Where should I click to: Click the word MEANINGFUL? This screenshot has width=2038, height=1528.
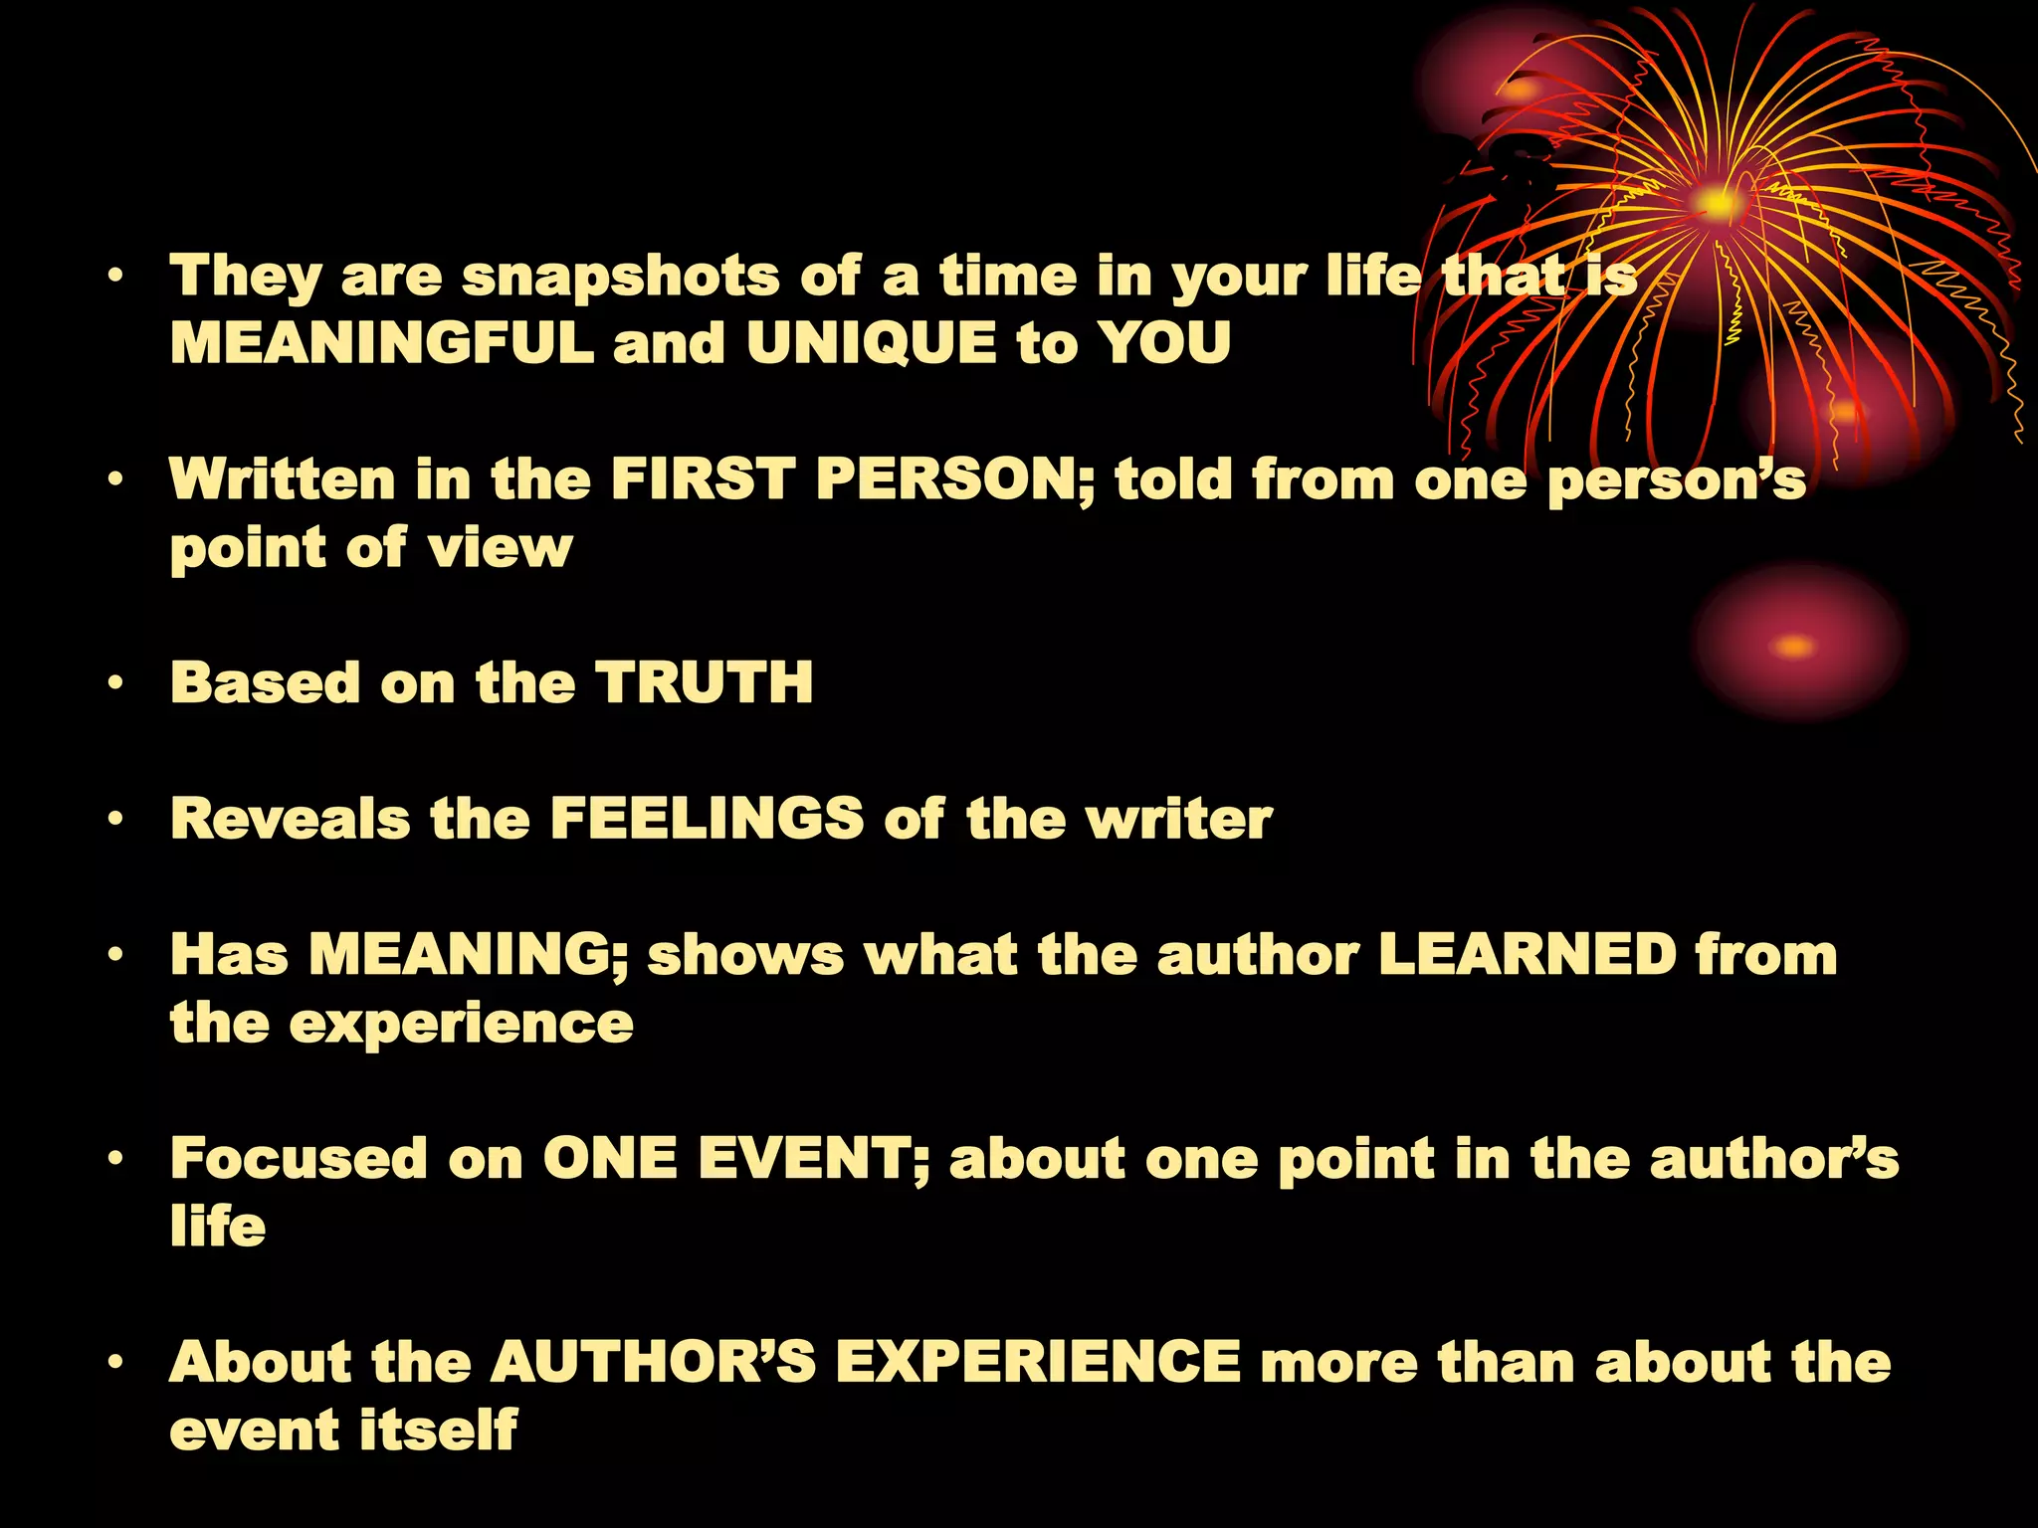pyautogui.click(x=381, y=344)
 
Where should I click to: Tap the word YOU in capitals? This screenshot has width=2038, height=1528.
pyautogui.click(x=1164, y=344)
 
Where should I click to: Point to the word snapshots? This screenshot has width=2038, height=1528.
pyautogui.click(x=621, y=278)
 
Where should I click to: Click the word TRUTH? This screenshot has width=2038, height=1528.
pyautogui.click(x=704, y=683)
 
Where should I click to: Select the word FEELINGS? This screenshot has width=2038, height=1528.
pyautogui.click(x=707, y=820)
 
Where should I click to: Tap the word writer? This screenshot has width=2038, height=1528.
pyautogui.click(x=1178, y=820)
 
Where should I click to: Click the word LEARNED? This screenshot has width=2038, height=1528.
pyautogui.click(x=1528, y=955)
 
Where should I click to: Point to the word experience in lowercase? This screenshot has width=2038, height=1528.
pyautogui.click(x=461, y=1025)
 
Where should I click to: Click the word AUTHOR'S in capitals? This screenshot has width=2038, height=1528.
pyautogui.click(x=654, y=1362)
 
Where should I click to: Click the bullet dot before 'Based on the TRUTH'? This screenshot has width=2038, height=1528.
pyautogui.click(x=117, y=683)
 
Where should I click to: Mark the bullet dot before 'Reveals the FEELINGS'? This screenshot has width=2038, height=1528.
pyautogui.click(x=117, y=820)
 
